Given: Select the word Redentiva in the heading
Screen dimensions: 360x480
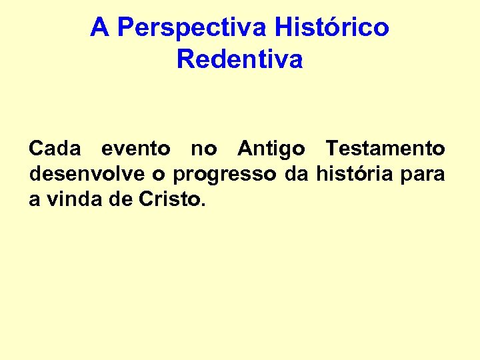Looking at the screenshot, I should tap(240, 59).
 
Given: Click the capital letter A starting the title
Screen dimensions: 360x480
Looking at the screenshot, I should tap(99, 28).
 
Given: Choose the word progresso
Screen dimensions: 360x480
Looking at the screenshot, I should tap(224, 175).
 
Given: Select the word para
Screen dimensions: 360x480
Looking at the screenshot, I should tap(425, 175).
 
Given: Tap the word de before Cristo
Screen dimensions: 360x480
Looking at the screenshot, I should tap(120, 199).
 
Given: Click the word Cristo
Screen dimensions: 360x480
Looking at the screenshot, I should tap(169, 199).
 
